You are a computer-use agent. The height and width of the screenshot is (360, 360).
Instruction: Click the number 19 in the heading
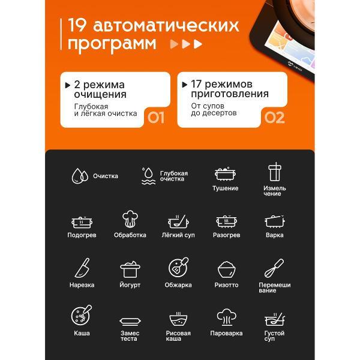(x=77, y=25)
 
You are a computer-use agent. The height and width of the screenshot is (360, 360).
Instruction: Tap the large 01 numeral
(x=156, y=118)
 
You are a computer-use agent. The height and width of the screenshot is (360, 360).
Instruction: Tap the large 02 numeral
(x=275, y=118)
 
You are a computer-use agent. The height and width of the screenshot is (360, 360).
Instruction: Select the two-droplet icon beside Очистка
(x=80, y=176)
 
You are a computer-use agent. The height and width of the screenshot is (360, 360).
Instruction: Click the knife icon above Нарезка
(x=82, y=268)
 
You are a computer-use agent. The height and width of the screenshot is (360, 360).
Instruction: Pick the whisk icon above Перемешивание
(x=274, y=268)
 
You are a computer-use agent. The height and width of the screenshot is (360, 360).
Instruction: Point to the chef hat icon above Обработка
(x=130, y=219)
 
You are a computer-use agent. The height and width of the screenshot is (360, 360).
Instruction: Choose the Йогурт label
(x=130, y=285)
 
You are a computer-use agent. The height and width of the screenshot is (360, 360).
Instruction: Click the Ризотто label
(x=226, y=285)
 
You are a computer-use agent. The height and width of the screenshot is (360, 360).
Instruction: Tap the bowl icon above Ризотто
(x=226, y=269)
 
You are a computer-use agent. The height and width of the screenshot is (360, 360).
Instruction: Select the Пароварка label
(x=226, y=333)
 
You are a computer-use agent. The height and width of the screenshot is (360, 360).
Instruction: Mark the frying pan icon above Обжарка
(x=178, y=267)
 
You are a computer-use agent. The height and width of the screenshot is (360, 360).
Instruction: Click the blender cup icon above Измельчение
(x=275, y=172)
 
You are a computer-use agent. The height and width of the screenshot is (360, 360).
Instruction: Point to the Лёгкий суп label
(x=178, y=235)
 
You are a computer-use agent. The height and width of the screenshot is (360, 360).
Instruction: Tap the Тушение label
(x=226, y=188)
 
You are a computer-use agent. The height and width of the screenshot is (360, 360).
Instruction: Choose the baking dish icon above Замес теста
(x=130, y=321)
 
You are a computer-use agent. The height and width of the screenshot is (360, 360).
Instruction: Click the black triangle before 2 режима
(x=67, y=85)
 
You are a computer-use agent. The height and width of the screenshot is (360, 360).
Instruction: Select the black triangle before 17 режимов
(x=184, y=85)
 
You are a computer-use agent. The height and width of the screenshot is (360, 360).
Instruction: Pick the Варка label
(x=275, y=235)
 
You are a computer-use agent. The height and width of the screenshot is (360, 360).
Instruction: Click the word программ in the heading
(x=112, y=44)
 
